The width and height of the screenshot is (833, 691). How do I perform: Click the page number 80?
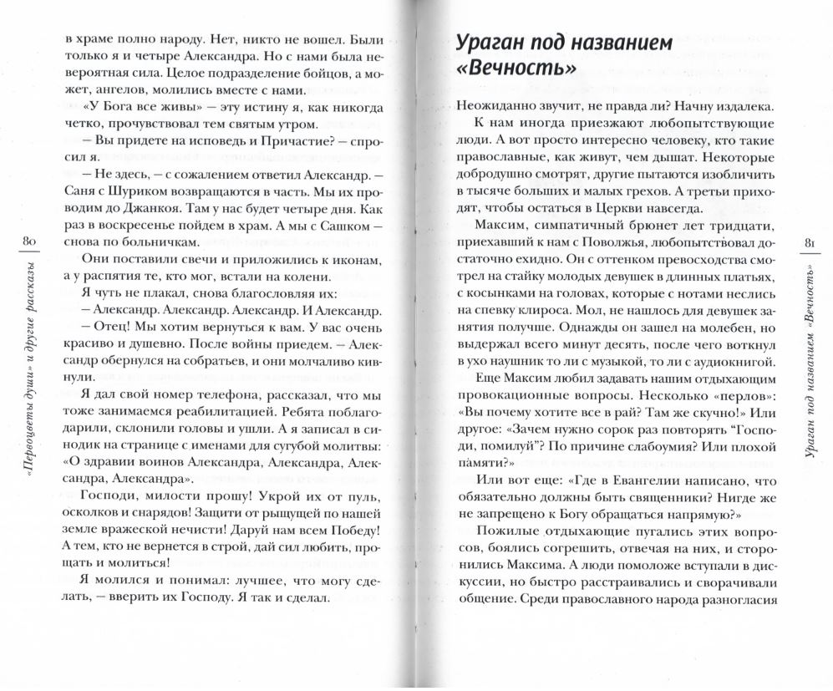tap(24, 242)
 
